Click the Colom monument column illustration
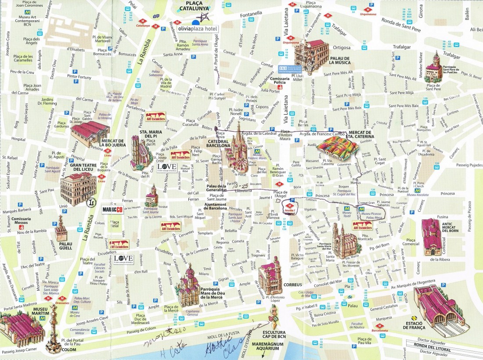click(x=54, y=327)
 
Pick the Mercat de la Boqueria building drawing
click(x=90, y=133)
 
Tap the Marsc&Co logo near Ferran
click(x=114, y=209)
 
